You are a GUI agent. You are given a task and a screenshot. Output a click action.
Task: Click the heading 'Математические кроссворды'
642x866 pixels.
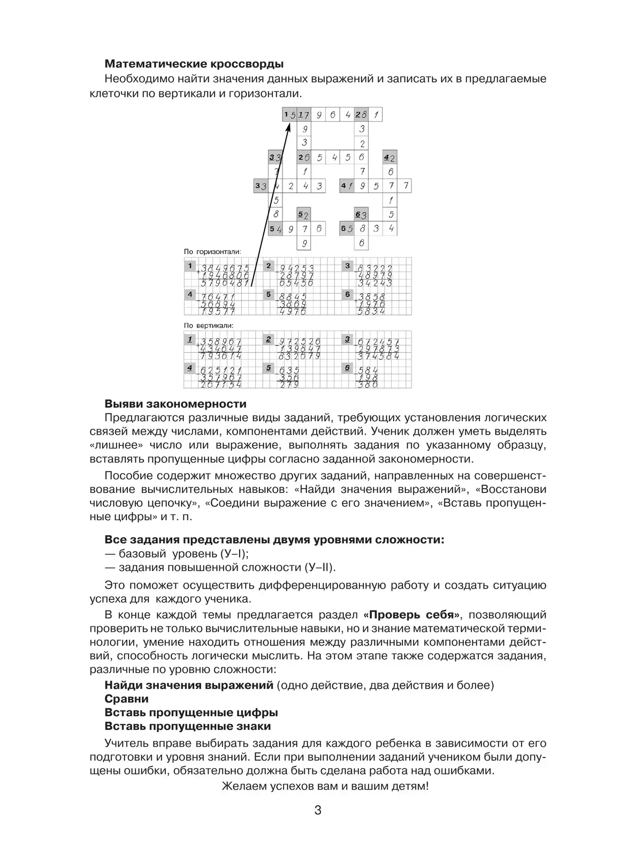(194, 64)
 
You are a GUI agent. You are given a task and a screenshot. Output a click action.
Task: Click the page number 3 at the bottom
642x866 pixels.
(317, 810)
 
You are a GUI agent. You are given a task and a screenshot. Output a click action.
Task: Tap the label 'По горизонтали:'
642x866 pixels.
(212, 251)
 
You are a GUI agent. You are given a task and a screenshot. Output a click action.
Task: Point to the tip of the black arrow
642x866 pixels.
(289, 123)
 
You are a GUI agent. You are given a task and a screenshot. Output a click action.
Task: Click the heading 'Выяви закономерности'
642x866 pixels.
(175, 404)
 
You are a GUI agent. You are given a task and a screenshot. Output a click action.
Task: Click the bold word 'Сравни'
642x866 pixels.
(126, 699)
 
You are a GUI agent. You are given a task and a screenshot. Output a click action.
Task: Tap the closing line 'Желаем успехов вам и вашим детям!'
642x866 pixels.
(325, 786)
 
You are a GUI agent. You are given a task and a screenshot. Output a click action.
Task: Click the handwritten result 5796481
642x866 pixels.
(224, 283)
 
